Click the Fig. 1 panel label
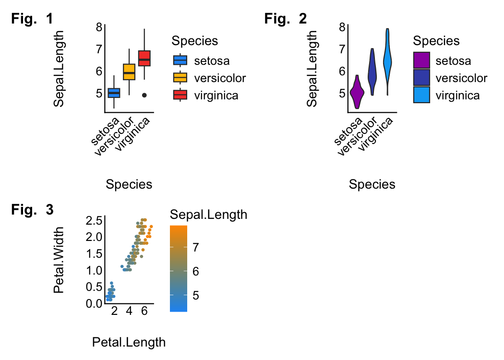(32, 19)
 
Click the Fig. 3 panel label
(32, 210)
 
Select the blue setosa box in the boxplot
(114, 93)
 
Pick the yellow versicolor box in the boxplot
(129, 72)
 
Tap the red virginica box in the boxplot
(144, 58)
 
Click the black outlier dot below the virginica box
(144, 95)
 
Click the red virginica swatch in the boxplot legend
(180, 95)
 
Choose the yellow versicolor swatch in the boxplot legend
(180, 78)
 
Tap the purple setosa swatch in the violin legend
(421, 61)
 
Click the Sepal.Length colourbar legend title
(208, 215)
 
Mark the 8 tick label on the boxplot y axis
(99, 27)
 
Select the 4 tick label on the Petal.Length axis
(129, 312)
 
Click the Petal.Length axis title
(129, 342)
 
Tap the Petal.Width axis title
(59, 260)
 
